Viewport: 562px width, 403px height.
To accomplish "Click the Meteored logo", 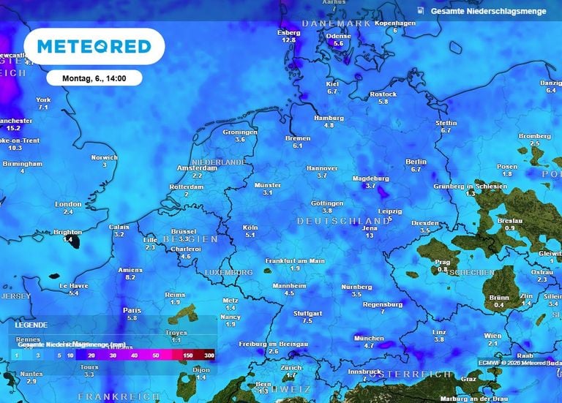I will (x=94, y=46).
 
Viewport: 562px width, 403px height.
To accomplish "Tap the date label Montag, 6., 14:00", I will (x=94, y=78).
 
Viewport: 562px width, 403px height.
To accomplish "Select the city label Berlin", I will (x=416, y=162).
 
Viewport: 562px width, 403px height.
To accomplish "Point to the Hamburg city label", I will (x=329, y=118).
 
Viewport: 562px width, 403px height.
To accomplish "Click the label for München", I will (x=369, y=338).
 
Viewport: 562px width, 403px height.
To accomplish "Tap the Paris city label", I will (x=132, y=310).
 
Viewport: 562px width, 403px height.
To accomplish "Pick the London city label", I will (x=68, y=204).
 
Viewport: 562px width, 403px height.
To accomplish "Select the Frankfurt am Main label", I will (x=295, y=260).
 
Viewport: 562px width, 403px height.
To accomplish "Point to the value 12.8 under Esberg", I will (x=289, y=40).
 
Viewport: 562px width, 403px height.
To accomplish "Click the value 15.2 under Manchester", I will (x=14, y=128).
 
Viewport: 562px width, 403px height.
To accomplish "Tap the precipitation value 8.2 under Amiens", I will (x=131, y=277).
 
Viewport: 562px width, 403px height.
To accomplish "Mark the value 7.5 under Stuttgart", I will (x=307, y=320).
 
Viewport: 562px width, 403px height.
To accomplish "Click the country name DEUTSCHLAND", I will (x=343, y=220).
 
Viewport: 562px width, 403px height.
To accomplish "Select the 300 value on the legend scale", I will (x=210, y=355).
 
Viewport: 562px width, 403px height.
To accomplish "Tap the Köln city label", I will (x=250, y=227).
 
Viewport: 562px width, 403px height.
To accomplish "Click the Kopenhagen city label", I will (x=395, y=23).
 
